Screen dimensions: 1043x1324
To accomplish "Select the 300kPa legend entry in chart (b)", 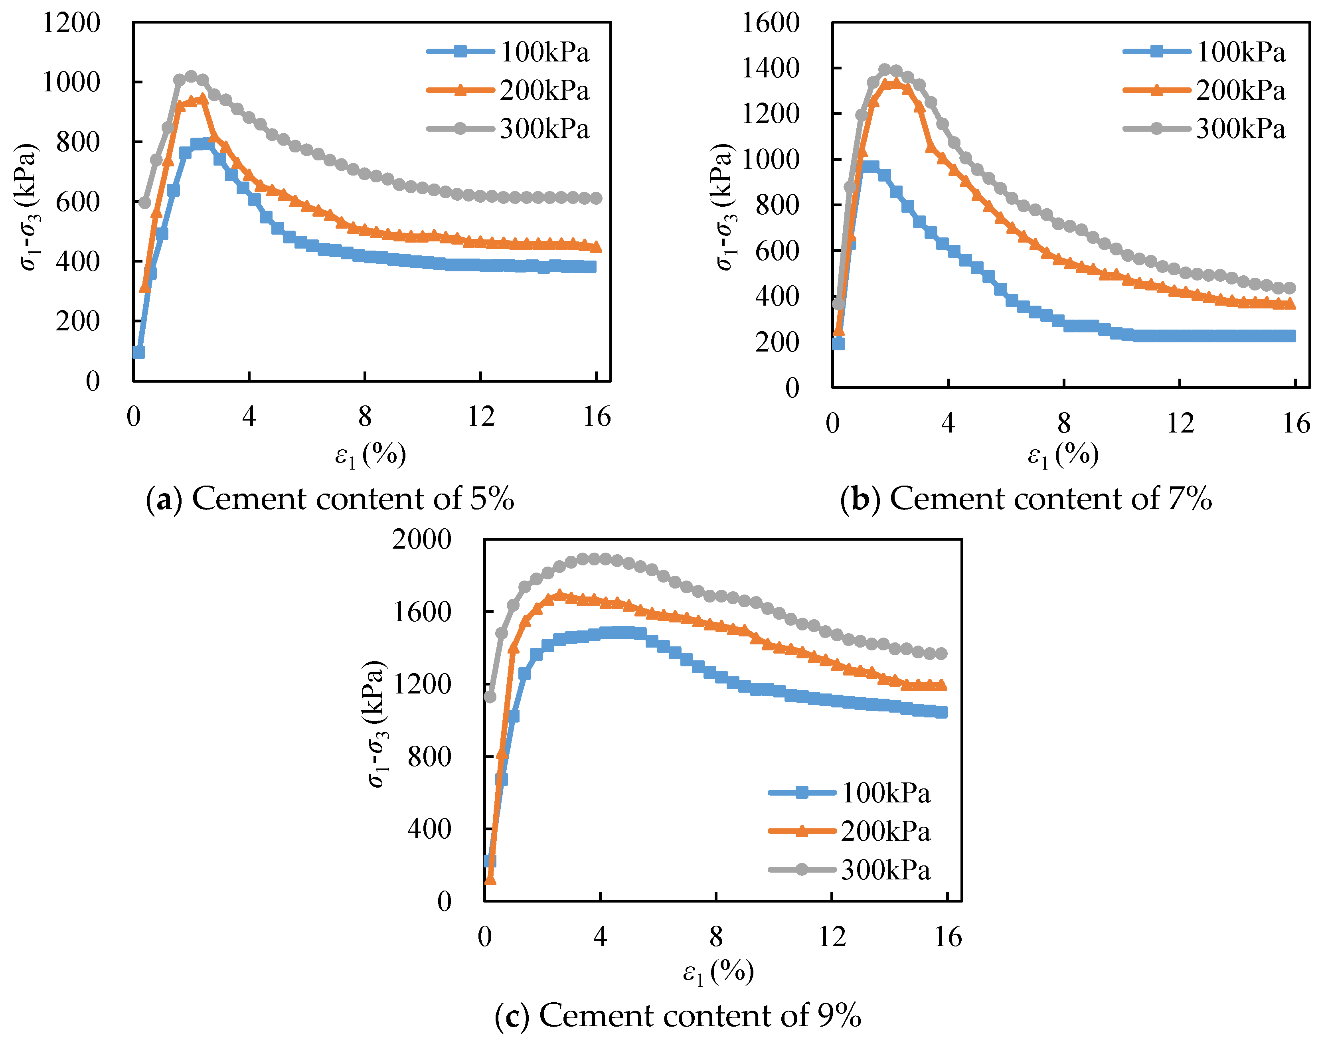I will point(1240,129).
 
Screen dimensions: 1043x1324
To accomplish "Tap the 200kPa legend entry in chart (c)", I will point(885,831).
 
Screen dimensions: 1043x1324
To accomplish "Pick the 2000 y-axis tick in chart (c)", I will point(421,539).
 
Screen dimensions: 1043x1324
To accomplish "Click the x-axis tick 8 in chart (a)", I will point(365,417).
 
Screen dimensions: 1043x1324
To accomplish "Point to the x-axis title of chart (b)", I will point(1063,455).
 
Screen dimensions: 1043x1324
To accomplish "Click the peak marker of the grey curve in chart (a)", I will point(191,76).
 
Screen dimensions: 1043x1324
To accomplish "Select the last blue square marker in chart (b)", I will point(1289,336).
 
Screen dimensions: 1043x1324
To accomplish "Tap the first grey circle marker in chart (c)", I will point(490,696).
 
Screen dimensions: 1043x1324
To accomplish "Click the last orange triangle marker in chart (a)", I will point(595,247).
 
